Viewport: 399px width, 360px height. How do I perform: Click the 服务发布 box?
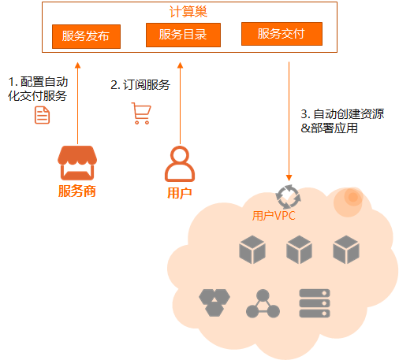(86, 36)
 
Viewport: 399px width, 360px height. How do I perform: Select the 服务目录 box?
(183, 35)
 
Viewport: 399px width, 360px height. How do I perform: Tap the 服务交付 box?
(282, 34)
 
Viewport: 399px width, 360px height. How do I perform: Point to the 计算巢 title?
(188, 12)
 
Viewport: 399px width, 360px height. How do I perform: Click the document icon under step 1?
(42, 115)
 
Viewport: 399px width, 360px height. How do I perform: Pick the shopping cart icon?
(141, 113)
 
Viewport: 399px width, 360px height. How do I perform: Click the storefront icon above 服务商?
(77, 163)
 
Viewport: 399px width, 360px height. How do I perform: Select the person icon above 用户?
(180, 164)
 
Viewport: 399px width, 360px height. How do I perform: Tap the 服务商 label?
(77, 191)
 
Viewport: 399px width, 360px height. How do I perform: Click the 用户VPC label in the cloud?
(274, 216)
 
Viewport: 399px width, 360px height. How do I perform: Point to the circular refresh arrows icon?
(288, 197)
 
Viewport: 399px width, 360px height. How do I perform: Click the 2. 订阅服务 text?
(140, 85)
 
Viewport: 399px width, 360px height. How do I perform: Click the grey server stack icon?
(315, 303)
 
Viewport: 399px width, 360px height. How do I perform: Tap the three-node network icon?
(263, 303)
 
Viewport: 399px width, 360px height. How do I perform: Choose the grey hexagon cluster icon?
(214, 302)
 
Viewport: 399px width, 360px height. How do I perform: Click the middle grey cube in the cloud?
(299, 250)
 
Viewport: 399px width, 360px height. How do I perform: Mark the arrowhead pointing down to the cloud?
(289, 178)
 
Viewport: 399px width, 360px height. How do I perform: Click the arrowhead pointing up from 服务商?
(77, 65)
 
